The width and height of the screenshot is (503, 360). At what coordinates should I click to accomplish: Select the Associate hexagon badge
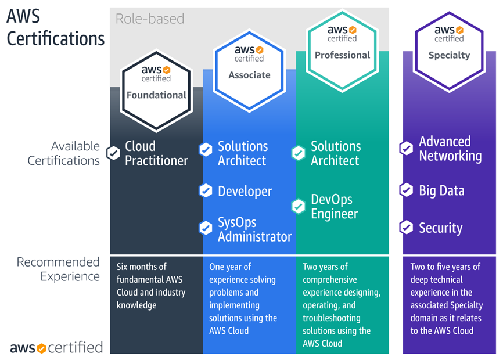(249, 65)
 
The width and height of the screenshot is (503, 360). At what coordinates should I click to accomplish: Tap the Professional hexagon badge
(342, 45)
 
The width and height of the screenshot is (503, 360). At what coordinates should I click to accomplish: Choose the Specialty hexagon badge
(449, 45)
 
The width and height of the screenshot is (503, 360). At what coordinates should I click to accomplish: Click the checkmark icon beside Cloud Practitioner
(113, 153)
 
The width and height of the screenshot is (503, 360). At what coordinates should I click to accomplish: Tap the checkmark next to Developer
(206, 190)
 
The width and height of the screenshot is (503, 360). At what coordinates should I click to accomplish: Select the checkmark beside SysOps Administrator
(206, 228)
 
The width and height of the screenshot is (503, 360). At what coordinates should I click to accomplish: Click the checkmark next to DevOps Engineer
(298, 206)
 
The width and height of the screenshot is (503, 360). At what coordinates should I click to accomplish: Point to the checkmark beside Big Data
(406, 190)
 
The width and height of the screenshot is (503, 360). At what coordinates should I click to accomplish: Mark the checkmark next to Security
(406, 228)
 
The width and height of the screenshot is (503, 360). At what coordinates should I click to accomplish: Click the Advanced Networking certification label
(450, 149)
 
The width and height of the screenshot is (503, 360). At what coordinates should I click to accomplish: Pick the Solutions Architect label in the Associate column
(243, 153)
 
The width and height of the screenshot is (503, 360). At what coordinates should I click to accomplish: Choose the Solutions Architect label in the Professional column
(336, 153)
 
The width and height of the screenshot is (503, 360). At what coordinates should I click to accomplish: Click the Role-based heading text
(150, 19)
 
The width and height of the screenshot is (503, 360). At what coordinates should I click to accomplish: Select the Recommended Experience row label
(58, 269)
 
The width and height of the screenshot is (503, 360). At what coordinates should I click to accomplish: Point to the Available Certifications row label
(64, 153)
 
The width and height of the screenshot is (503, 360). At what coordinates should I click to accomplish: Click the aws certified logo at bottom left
(56, 348)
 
